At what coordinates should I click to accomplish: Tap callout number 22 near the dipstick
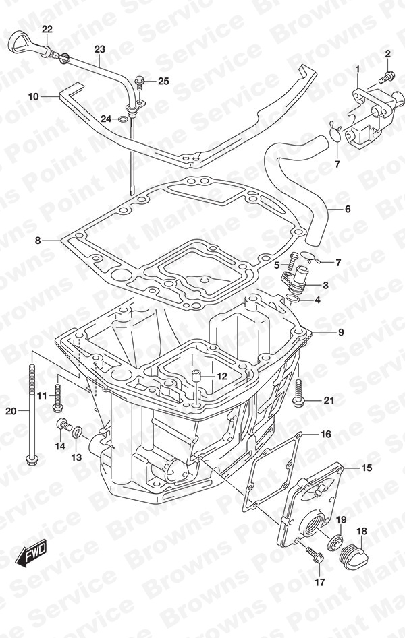[x=47, y=29]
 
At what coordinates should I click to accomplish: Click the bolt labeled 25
[x=140, y=83]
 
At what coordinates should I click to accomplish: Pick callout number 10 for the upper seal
[x=34, y=96]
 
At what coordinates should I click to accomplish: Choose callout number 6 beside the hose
[x=348, y=209]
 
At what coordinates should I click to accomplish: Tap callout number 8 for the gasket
[x=38, y=241]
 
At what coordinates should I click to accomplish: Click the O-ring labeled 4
[x=303, y=300]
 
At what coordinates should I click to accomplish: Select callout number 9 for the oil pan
[x=341, y=332]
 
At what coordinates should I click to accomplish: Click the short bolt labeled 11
[x=57, y=396]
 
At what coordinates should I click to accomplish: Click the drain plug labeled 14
[x=63, y=425]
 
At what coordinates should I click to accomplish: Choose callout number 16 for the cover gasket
[x=326, y=434]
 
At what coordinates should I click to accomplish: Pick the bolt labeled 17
[x=315, y=553]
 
